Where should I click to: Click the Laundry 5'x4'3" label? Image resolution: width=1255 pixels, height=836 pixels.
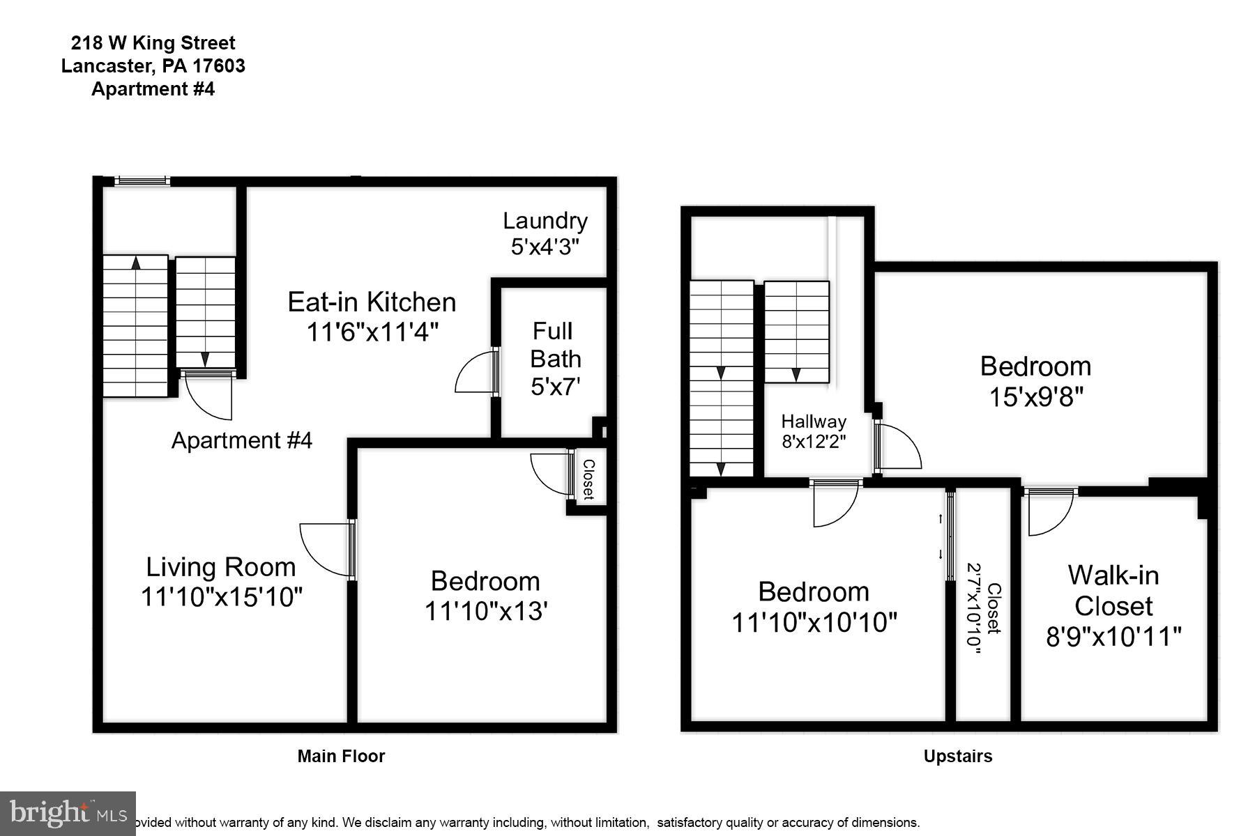(x=545, y=233)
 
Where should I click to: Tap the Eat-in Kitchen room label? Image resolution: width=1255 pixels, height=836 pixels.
(x=372, y=302)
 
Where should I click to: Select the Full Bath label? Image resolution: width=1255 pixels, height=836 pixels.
(x=555, y=344)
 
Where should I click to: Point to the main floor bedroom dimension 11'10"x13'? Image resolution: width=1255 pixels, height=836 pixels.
(x=485, y=611)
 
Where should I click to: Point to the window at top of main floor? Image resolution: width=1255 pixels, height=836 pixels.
(x=142, y=181)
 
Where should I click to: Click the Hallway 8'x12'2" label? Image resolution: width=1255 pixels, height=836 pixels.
(x=814, y=431)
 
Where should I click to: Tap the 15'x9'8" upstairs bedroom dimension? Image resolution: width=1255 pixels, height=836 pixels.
(x=1035, y=397)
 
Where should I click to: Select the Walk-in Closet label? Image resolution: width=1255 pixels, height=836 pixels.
(x=1113, y=590)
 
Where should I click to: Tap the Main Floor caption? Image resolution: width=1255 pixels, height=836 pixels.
(x=341, y=756)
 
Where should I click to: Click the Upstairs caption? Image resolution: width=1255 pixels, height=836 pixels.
(x=958, y=757)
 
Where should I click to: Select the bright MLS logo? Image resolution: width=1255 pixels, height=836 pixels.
(x=68, y=814)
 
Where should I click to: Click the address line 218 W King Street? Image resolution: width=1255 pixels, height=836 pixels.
(x=153, y=43)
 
